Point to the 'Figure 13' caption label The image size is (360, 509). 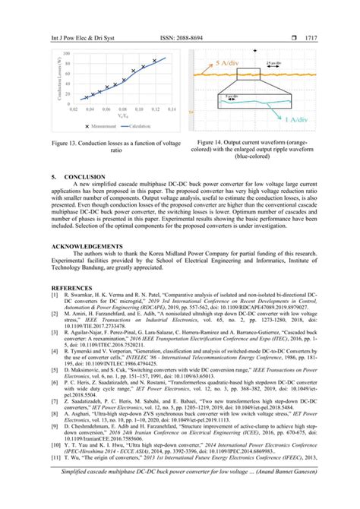[63, 143]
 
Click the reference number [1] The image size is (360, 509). [53, 296]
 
